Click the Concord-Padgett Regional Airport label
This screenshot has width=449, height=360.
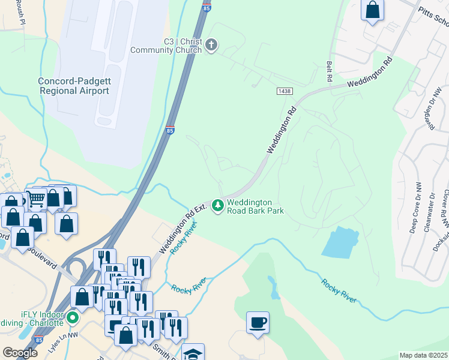(74, 86)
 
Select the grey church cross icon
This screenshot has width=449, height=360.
(211, 45)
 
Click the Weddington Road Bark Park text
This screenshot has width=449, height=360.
(255, 207)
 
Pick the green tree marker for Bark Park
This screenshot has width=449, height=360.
(217, 206)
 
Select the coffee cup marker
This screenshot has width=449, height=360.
(258, 323)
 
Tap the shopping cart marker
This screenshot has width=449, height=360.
(37, 198)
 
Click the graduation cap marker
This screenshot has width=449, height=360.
(193, 353)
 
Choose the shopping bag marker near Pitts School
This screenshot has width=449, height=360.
(373, 10)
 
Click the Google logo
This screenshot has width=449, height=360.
(20, 353)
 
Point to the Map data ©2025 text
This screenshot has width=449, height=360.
(423, 355)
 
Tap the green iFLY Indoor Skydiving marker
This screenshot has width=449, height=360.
(73, 317)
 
